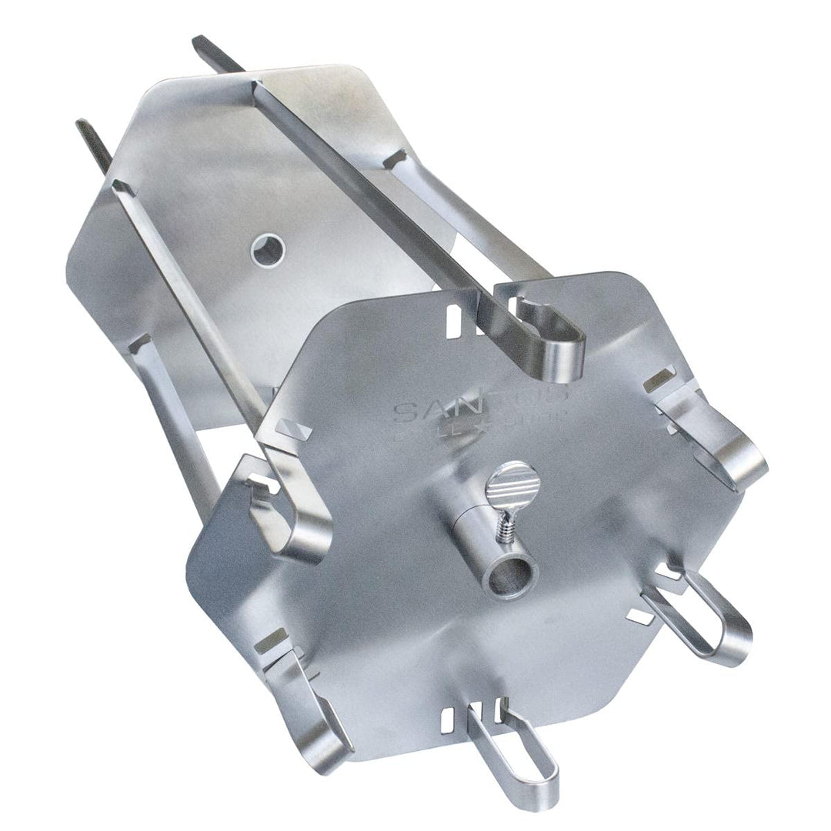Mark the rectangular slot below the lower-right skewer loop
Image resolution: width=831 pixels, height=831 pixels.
[639, 615]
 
